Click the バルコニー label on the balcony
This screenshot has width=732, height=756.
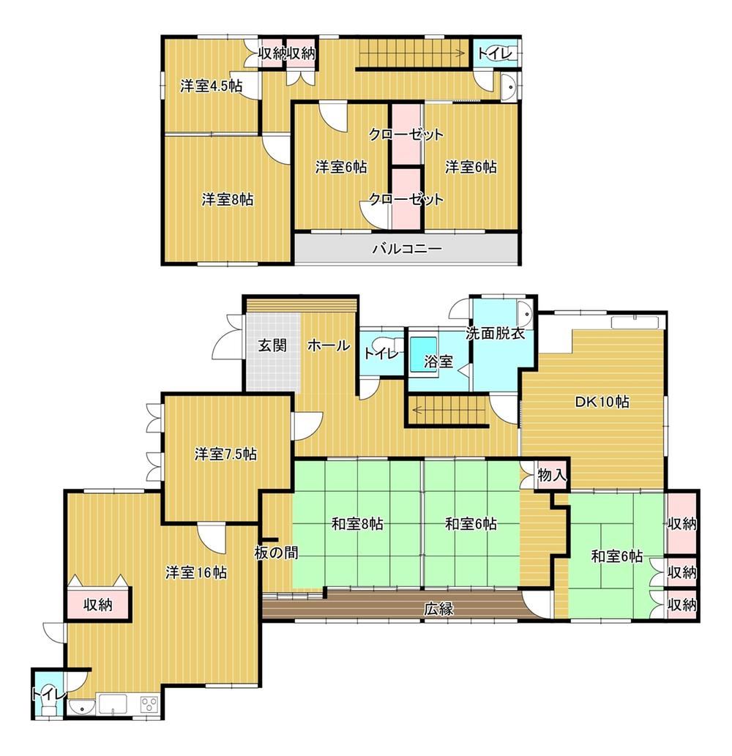click(x=407, y=249)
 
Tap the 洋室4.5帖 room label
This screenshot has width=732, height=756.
click(x=212, y=86)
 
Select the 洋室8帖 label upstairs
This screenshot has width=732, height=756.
click(x=227, y=199)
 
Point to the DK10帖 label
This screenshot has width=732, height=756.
click(x=602, y=402)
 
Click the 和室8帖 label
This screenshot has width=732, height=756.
click(x=357, y=523)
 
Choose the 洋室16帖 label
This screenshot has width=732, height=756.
click(x=196, y=572)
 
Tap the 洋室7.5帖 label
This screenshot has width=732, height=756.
click(x=225, y=454)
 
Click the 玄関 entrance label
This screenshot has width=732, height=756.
click(x=272, y=345)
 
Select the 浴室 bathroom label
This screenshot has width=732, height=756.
click(x=438, y=362)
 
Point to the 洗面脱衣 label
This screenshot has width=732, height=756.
click(x=496, y=333)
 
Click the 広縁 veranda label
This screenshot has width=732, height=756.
click(x=438, y=609)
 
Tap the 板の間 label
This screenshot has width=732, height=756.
click(x=276, y=553)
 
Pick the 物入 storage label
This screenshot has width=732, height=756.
click(x=551, y=476)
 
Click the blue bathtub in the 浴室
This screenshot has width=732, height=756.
click(x=423, y=354)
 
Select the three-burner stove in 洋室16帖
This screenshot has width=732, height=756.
click(x=150, y=705)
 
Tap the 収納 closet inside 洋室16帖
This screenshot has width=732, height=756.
click(x=98, y=604)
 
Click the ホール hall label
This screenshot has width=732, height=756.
click(x=329, y=345)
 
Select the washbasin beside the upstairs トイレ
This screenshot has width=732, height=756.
click(x=508, y=87)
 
